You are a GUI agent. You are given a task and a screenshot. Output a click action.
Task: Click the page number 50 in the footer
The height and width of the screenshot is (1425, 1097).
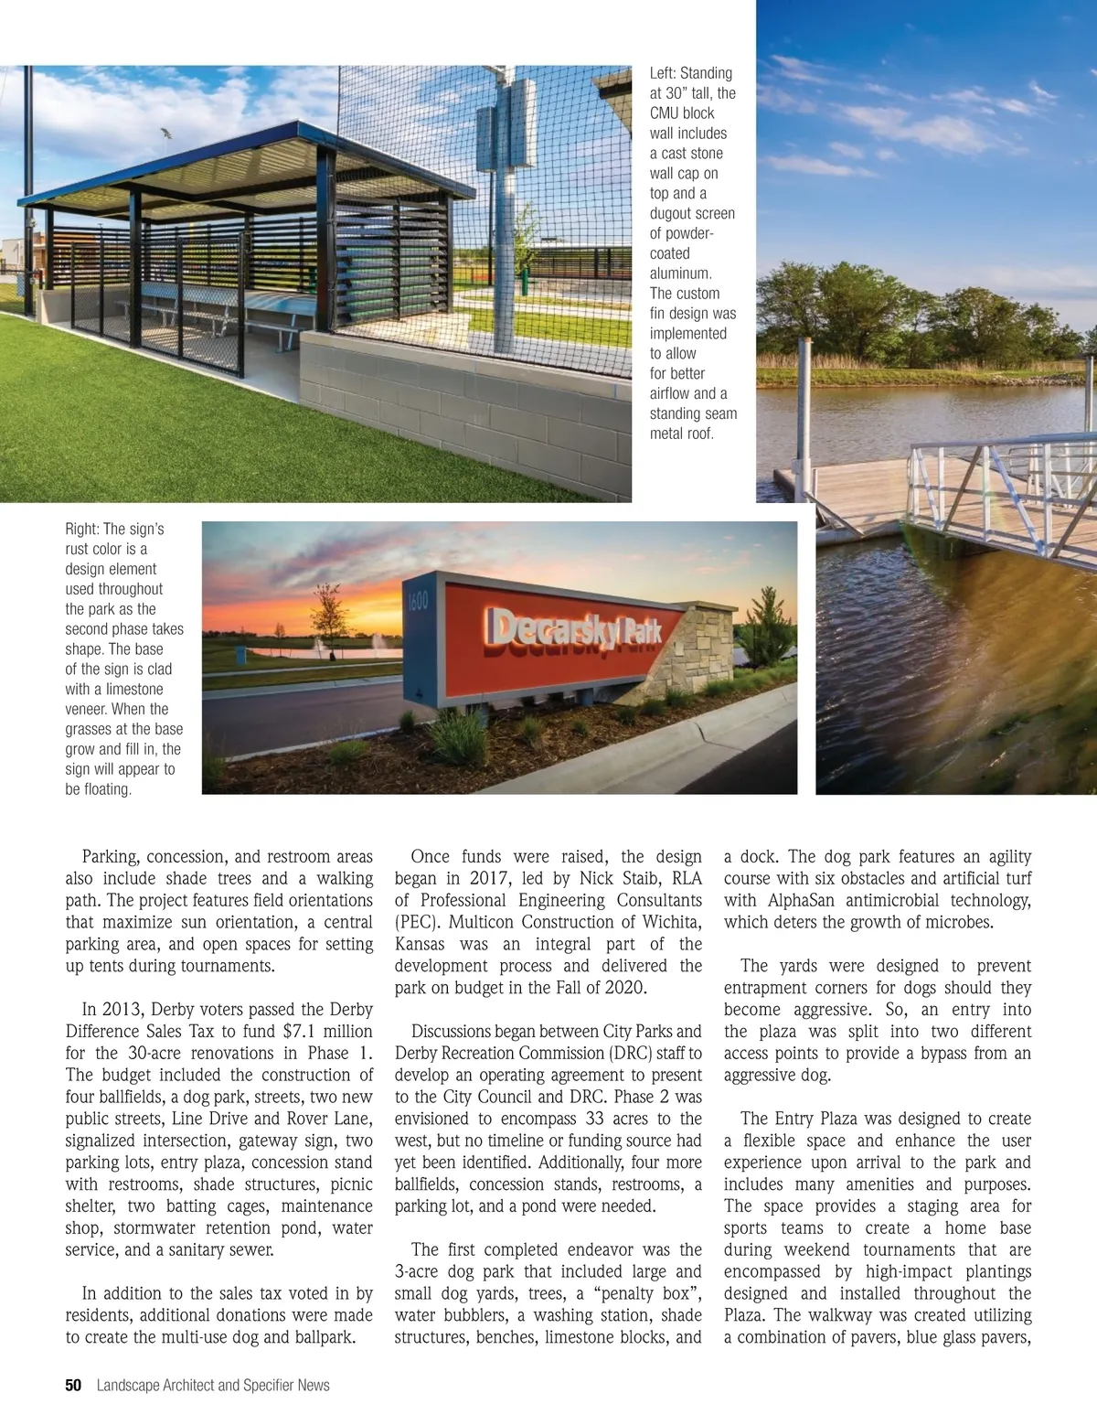click(73, 1386)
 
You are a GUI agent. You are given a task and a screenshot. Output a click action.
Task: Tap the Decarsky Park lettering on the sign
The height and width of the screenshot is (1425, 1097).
click(575, 631)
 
